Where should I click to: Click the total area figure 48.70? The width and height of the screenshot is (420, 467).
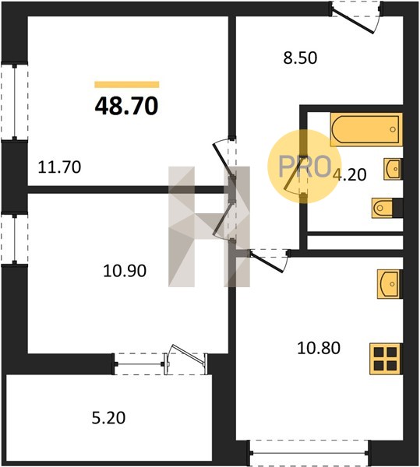coord(126,107)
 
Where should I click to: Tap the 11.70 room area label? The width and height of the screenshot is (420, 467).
coord(60,167)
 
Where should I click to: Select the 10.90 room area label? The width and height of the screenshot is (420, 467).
coord(125,271)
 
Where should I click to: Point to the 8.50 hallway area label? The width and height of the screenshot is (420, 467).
coord(300,58)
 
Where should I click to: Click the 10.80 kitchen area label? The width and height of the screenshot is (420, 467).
coord(319,348)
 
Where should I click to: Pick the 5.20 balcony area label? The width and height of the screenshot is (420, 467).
coord(108,417)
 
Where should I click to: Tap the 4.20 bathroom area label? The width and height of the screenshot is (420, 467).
coord(349,174)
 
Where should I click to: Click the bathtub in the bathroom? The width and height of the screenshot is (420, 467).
coord(366,129)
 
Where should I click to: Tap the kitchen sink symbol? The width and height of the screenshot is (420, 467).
coord(390,284)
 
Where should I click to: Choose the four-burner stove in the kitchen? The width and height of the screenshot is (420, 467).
coord(386,359)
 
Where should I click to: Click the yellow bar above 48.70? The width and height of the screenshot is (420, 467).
coord(127,85)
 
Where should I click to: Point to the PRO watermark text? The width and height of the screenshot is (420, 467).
coord(305,167)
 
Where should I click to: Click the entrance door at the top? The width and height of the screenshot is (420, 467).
coord(356,18)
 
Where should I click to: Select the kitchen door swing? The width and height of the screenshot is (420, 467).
coord(268,260)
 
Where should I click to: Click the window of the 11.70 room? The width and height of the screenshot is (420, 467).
coord(14,101)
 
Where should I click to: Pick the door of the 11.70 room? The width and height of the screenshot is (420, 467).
coord(224,160)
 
